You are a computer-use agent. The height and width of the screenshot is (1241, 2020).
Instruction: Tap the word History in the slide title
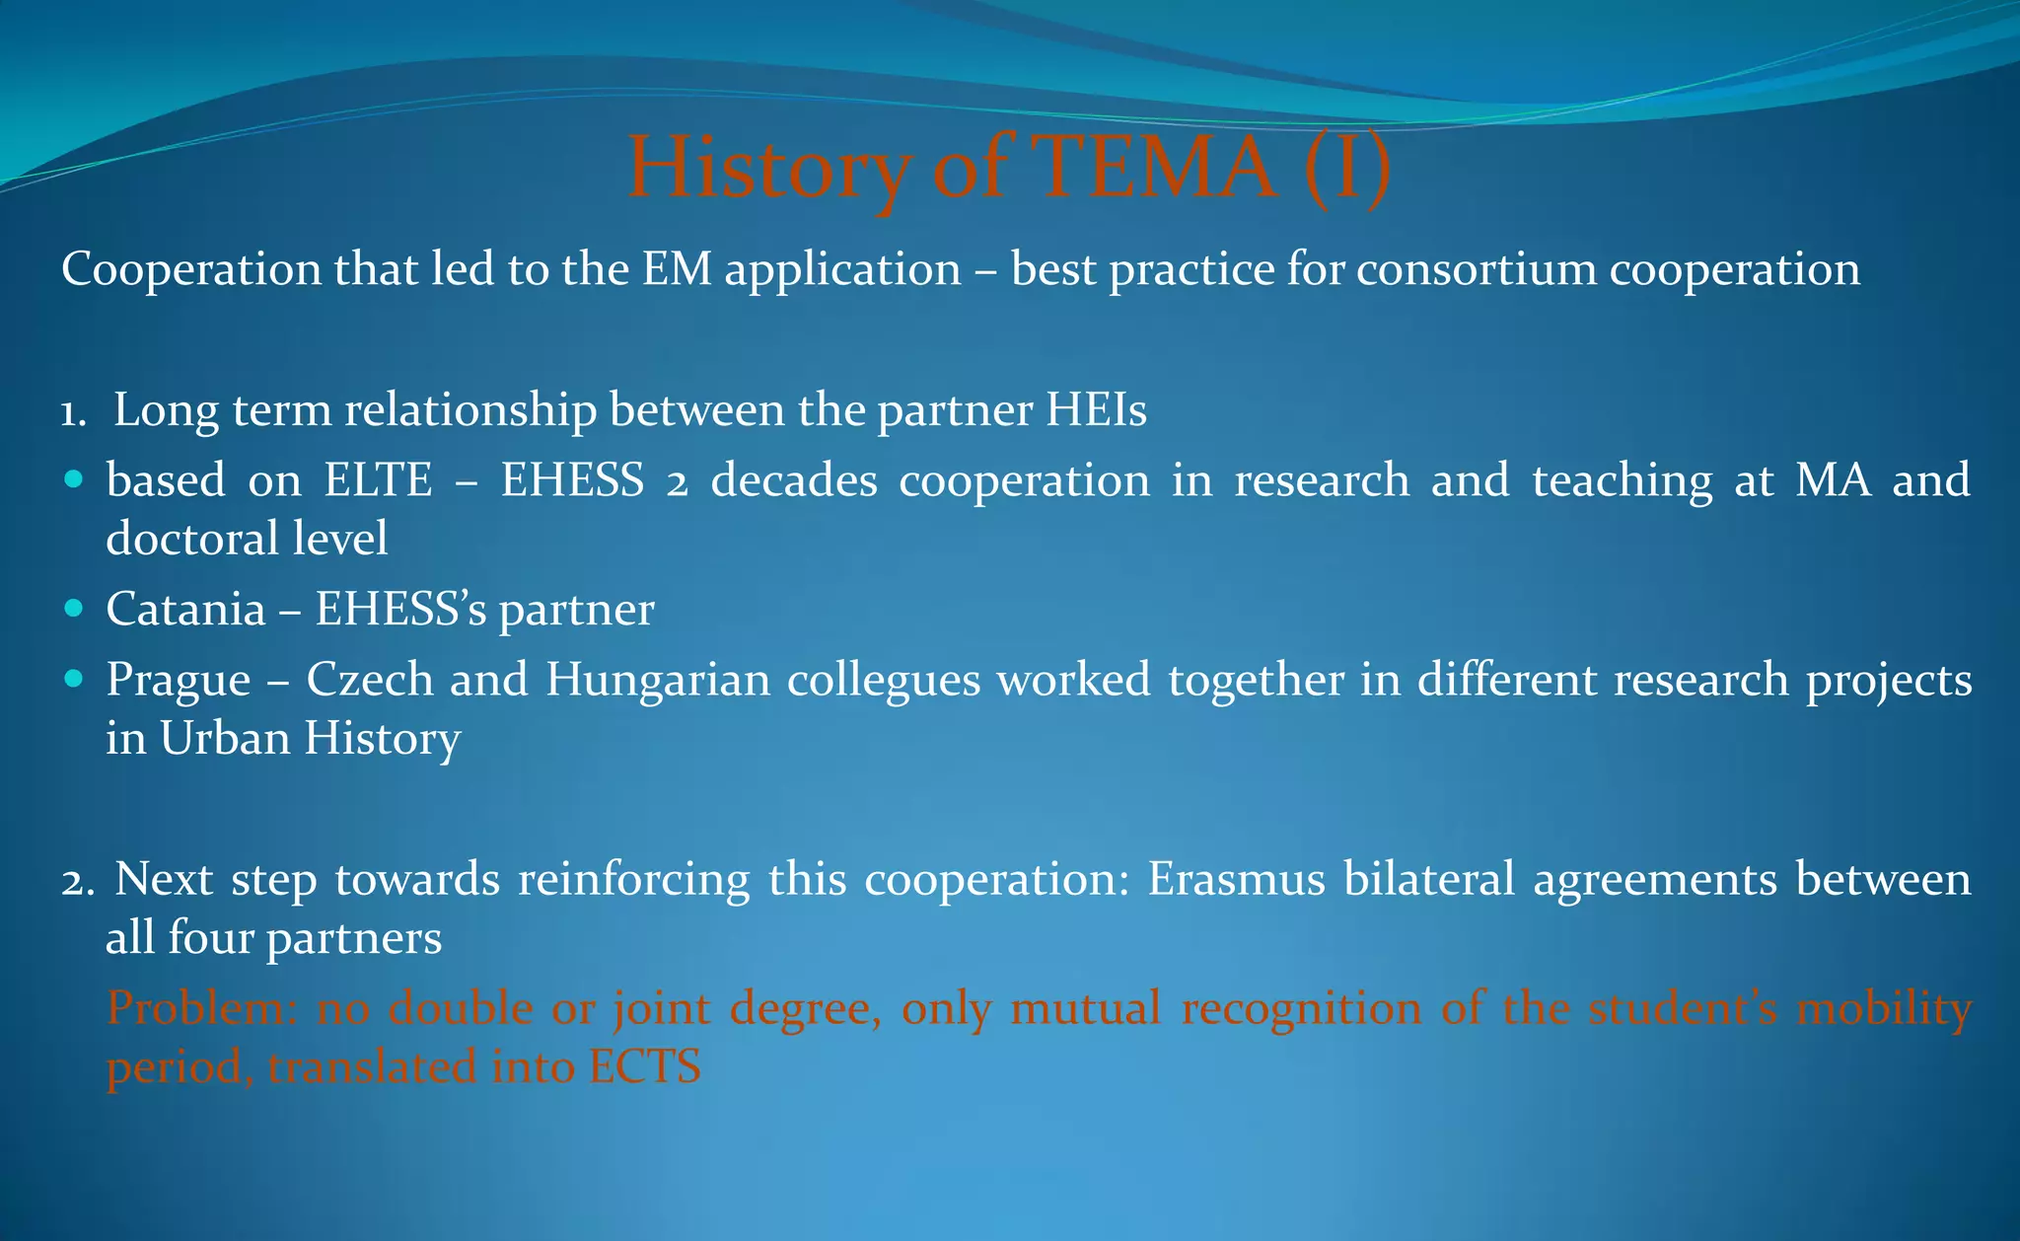tap(769, 167)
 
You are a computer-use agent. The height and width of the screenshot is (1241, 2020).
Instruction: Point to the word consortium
tap(1477, 269)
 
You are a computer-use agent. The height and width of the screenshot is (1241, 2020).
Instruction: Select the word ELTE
tap(379, 480)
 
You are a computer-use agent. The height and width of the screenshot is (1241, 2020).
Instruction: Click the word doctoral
tap(191, 539)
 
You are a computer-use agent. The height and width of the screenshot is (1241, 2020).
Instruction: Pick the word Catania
tap(185, 609)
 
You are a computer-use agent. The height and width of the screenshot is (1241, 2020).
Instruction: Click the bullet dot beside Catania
tap(73, 609)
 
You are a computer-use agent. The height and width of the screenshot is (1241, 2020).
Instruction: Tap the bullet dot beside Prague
tap(73, 679)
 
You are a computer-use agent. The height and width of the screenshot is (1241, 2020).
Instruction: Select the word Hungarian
tap(658, 680)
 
